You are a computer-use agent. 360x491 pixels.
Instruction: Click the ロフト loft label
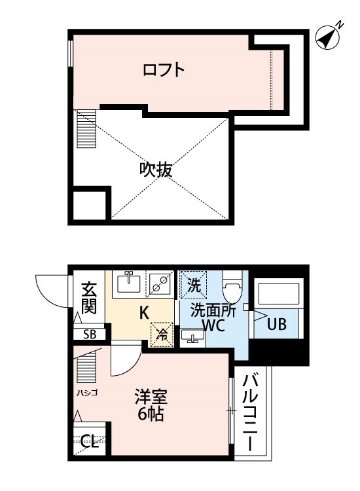[163, 69]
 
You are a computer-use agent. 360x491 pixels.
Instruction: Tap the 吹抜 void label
[156, 170]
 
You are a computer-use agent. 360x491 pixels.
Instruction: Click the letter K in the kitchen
[143, 312]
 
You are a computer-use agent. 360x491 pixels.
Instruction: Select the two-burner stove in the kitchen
[159, 283]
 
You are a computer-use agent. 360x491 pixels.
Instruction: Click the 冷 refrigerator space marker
[161, 333]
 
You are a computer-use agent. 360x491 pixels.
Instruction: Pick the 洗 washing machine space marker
[193, 285]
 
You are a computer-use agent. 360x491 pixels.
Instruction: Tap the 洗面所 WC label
[213, 318]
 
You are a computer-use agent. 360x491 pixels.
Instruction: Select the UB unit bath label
[276, 323]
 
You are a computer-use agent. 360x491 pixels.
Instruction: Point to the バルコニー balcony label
[252, 411]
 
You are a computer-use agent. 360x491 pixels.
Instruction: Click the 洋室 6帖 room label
[151, 405]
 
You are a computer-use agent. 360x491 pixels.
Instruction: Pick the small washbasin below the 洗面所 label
[193, 336]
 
